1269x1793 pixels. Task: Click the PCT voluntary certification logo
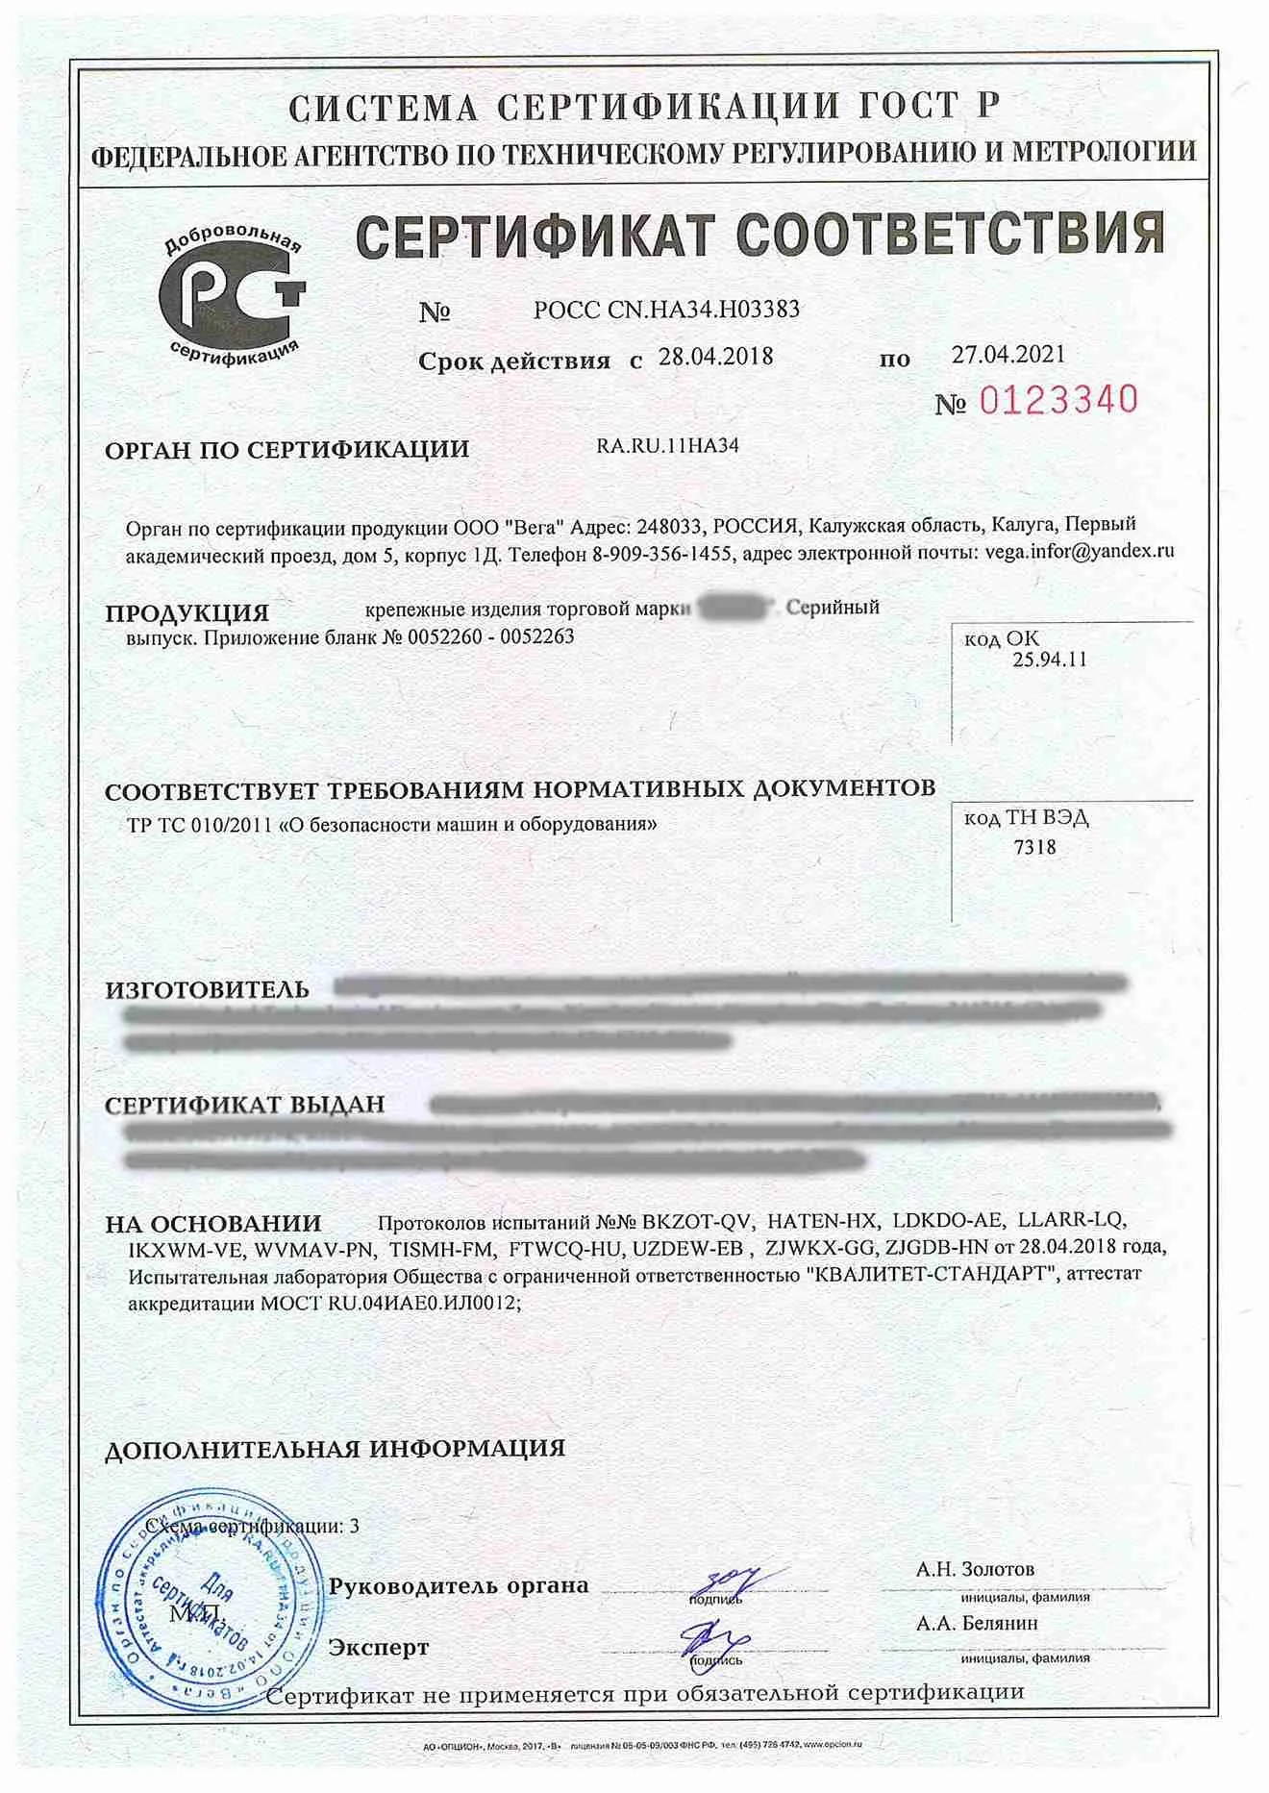tap(232, 295)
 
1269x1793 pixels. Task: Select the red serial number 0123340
tap(1058, 400)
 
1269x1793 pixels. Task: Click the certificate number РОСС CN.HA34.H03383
tap(666, 310)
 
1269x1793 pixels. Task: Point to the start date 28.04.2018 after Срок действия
tap(715, 357)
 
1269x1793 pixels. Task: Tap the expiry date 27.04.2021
tap(1008, 355)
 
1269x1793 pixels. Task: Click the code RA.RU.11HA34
tap(667, 446)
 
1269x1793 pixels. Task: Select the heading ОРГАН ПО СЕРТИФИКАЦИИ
tap(286, 449)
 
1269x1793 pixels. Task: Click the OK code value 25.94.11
tap(1049, 660)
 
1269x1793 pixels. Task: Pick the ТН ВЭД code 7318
tap(1034, 847)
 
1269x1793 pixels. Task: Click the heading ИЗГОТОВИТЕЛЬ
tap(207, 989)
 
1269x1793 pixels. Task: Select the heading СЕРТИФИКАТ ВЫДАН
tap(244, 1105)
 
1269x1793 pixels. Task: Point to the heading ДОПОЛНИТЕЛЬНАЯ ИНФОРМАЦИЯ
tap(335, 1449)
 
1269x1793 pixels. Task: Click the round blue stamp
tap(207, 1601)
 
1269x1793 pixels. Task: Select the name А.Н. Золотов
tap(975, 1569)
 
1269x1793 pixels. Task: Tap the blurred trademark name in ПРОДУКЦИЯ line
tap(735, 608)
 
